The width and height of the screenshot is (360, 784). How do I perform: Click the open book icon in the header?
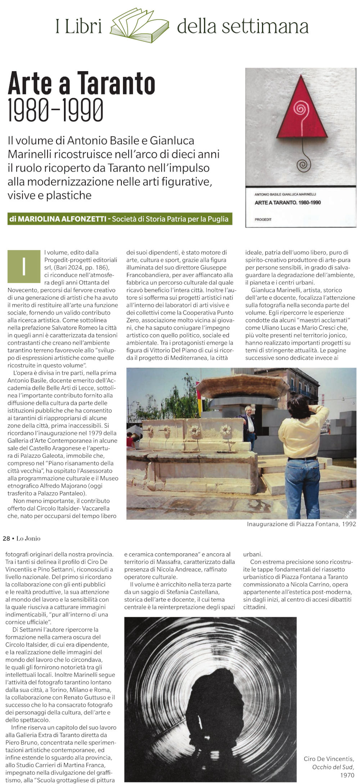[x=139, y=26]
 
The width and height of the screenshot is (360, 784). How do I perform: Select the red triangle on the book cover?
[x=302, y=110]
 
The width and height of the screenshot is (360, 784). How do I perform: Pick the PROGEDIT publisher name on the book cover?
[x=263, y=219]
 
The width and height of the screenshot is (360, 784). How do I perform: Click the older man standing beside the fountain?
[x=249, y=426]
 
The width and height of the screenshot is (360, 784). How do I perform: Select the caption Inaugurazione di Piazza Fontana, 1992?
[x=301, y=524]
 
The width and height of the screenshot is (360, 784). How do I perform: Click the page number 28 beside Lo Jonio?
[x=6, y=538]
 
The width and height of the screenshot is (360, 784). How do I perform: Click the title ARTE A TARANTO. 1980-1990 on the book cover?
[x=287, y=202]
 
